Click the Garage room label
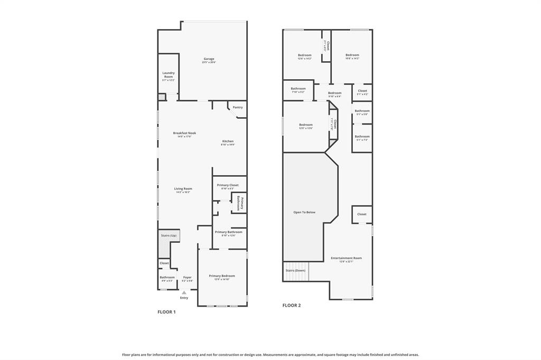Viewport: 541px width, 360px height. tap(209, 59)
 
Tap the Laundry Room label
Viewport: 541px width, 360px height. tap(169, 75)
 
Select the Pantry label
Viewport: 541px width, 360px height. tap(238, 107)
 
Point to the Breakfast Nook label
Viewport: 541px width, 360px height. tap(184, 133)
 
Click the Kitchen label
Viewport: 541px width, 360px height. tap(228, 141)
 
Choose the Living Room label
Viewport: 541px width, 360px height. tap(183, 188)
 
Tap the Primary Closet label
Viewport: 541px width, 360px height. tap(228, 185)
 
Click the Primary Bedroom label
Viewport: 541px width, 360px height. tap(222, 276)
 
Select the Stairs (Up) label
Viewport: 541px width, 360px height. tap(169, 235)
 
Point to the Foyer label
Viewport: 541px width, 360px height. tap(187, 277)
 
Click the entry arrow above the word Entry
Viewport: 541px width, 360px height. tap(184, 292)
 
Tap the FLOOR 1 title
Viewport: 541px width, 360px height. tap(166, 312)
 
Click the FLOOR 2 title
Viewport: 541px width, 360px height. tap(291, 305)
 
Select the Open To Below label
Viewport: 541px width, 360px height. tap(304, 212)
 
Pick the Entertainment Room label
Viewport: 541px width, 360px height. tap(346, 258)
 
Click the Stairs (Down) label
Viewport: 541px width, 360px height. tap(296, 270)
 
